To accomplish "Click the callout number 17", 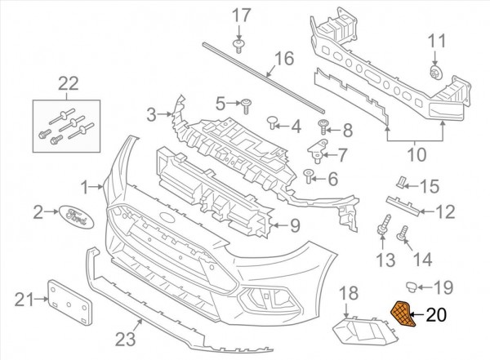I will pyautogui.click(x=239, y=15).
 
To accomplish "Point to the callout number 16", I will pyautogui.click(x=283, y=59).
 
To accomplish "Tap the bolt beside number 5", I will pyautogui.click(x=245, y=103).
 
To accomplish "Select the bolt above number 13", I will pyautogui.click(x=382, y=222).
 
